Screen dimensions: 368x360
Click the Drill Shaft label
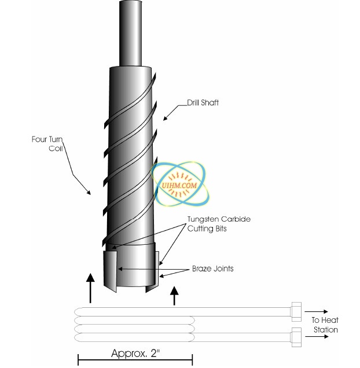202,102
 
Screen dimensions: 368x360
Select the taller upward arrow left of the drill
90,288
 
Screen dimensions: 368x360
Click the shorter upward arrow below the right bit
174,294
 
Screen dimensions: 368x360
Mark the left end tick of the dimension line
78,360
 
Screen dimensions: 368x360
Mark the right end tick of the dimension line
194,360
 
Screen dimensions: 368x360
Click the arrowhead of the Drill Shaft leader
164,119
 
